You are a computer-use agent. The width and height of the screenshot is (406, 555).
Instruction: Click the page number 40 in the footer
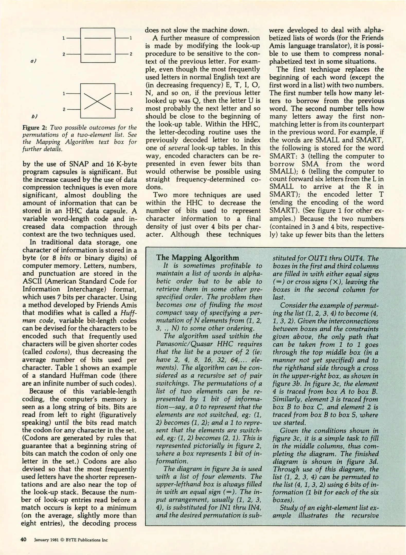pyautogui.click(x=23, y=540)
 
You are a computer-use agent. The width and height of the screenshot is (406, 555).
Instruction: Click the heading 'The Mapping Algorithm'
pyautogui.click(x=197, y=257)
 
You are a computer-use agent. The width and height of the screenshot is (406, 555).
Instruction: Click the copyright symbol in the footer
pyautogui.click(x=62, y=540)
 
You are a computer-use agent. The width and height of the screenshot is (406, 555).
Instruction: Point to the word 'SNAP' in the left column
pyautogui.click(x=78, y=164)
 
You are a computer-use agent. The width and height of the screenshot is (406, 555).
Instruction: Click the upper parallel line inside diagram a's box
pyautogui.click(x=97, y=38)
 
